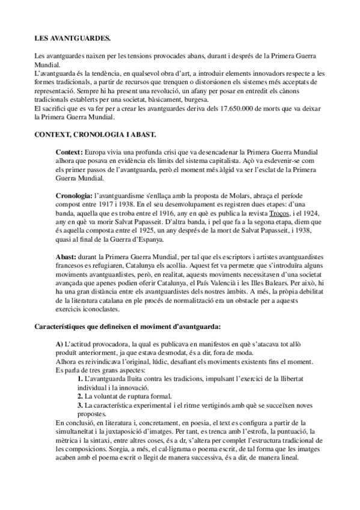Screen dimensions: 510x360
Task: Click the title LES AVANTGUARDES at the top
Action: (72, 38)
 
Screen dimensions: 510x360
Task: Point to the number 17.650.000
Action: (225, 106)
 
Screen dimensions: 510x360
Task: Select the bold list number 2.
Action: (80, 398)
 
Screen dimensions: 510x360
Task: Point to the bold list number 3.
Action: (80, 406)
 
